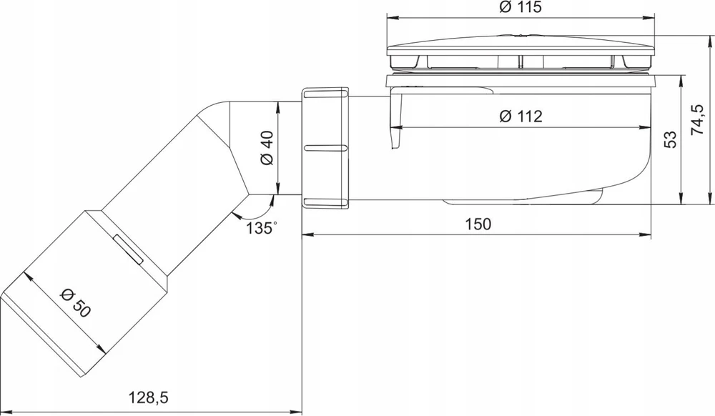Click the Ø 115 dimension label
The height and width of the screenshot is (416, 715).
coord(521,7)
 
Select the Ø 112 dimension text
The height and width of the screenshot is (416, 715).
coord(521,117)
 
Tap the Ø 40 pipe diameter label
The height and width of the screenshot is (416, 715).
coord(267,148)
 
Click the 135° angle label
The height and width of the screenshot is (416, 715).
coord(262,227)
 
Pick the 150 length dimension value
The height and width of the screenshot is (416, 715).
coord(478,224)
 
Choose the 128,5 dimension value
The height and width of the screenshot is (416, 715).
coord(148,398)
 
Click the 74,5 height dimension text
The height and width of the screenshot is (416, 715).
coord(698,120)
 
